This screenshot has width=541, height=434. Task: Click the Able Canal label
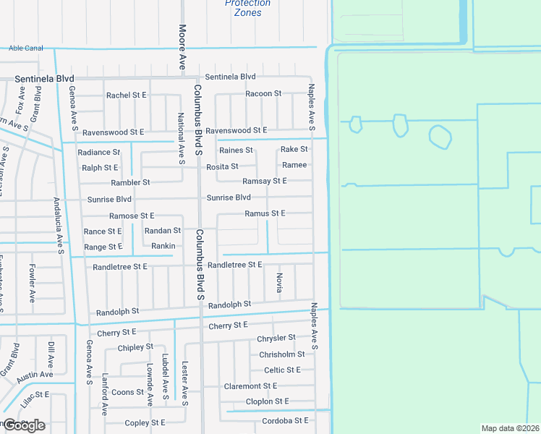click(x=25, y=48)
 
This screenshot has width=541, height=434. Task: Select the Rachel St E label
click(x=127, y=95)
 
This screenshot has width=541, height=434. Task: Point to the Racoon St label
click(x=263, y=93)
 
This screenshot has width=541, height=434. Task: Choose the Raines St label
click(x=237, y=150)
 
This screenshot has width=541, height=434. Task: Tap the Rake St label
click(x=294, y=149)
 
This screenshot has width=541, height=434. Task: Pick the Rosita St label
click(x=223, y=166)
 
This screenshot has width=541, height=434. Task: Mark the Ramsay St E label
click(x=265, y=181)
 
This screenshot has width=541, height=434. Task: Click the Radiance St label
click(x=98, y=153)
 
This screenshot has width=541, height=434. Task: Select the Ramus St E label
click(x=265, y=213)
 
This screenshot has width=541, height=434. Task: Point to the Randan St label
click(x=163, y=231)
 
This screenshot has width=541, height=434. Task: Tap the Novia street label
click(x=279, y=282)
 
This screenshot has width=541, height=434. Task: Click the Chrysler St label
click(x=276, y=338)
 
